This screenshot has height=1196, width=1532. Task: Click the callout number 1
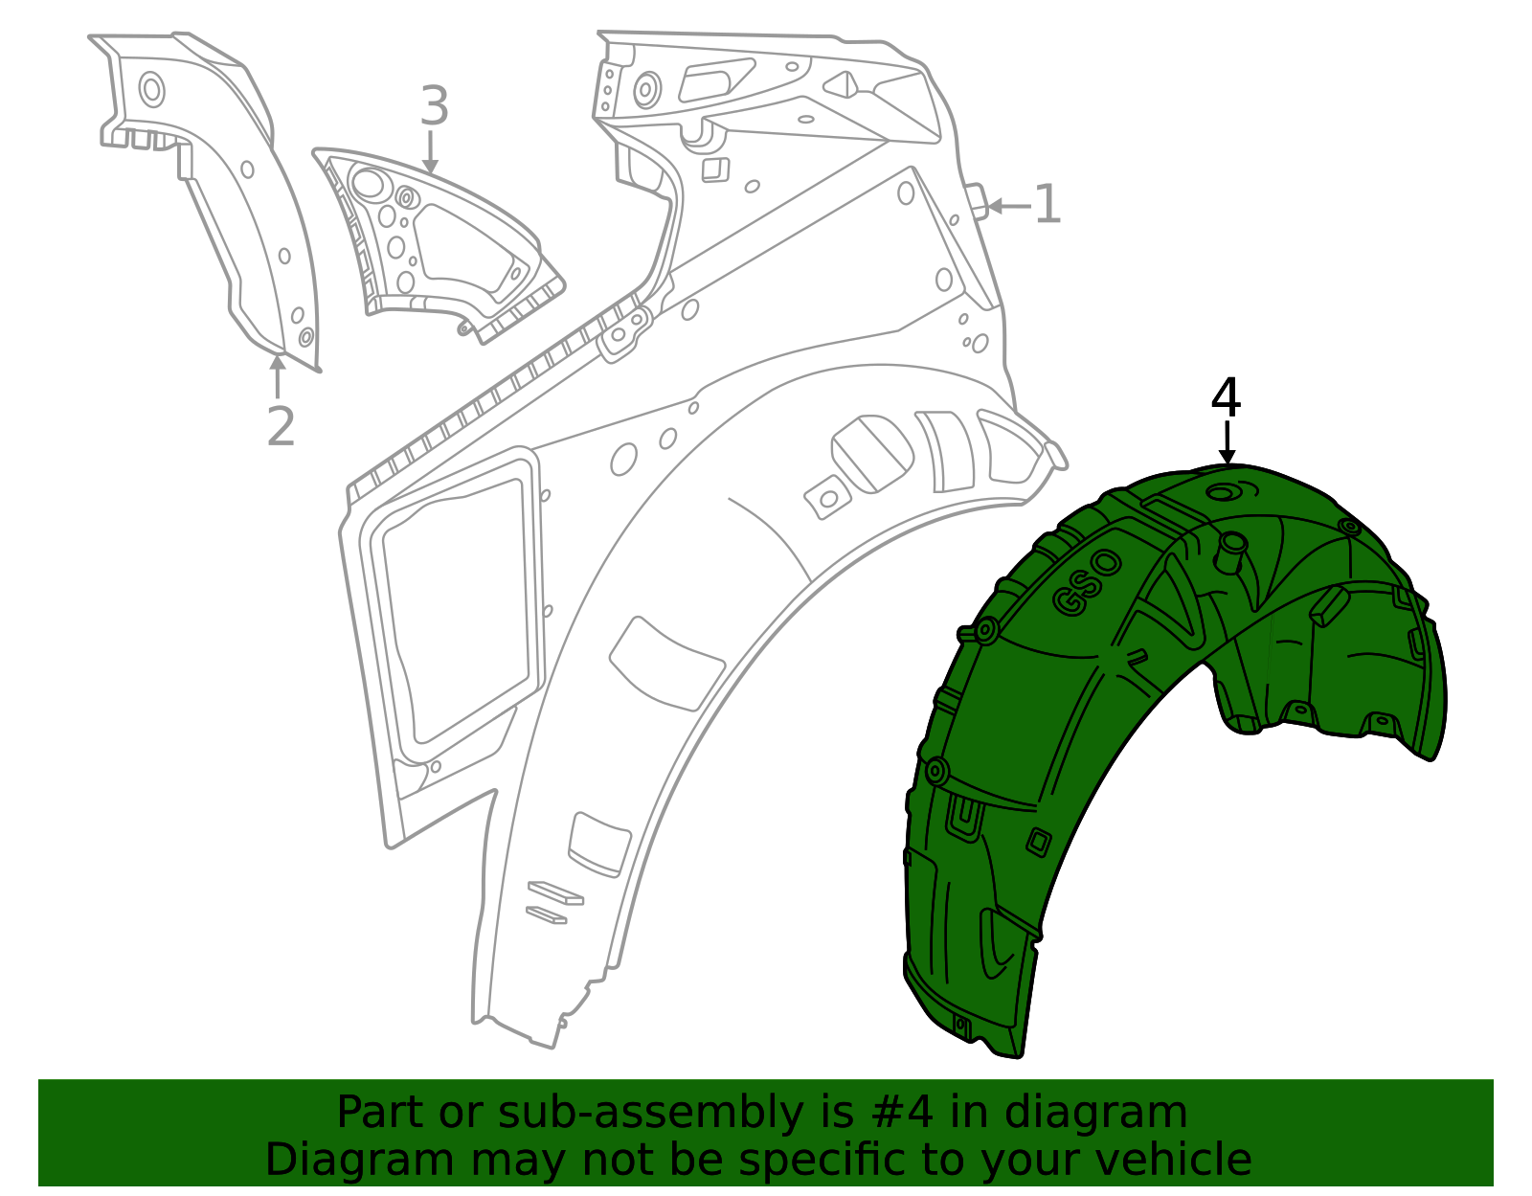(1048, 204)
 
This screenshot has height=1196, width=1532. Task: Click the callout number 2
(281, 426)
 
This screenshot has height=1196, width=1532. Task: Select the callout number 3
(434, 105)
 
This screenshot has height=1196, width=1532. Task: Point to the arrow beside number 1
(1009, 207)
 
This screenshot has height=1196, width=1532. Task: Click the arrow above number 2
(278, 377)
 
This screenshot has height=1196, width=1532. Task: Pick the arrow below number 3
(430, 152)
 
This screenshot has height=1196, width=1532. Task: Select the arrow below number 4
(1228, 442)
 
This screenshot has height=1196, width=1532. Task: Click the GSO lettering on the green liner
(1087, 582)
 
